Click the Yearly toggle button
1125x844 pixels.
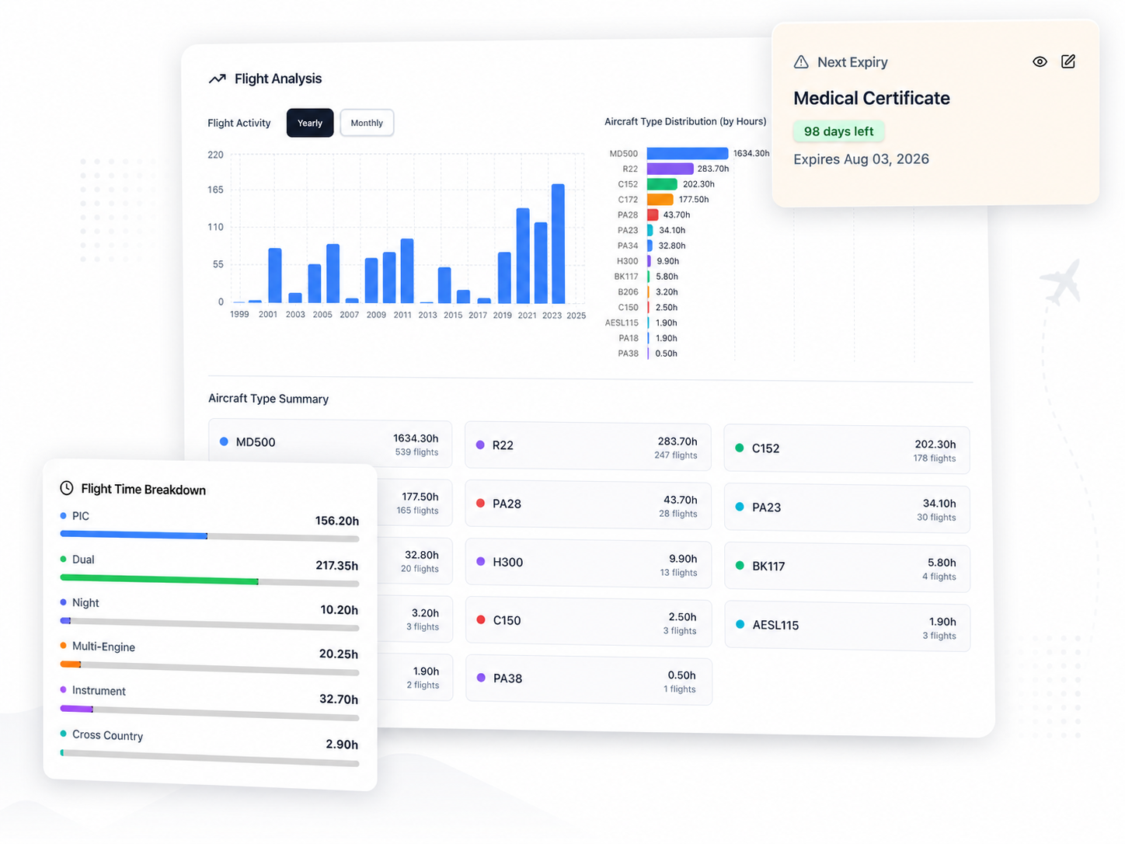click(309, 123)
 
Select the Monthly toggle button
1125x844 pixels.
click(367, 123)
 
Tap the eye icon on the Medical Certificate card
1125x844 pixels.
click(1040, 62)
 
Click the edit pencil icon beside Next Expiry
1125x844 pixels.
click(1068, 61)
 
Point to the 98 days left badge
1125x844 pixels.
click(838, 131)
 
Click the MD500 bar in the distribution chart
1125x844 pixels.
click(687, 154)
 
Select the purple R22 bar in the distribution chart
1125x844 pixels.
click(669, 169)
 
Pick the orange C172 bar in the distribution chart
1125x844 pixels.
click(660, 200)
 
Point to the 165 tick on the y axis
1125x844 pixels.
click(215, 190)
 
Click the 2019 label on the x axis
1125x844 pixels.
click(502, 316)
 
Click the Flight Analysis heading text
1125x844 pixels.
click(277, 78)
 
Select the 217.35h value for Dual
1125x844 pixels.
click(336, 566)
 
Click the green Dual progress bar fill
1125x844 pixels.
click(159, 579)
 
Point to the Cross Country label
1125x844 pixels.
click(107, 735)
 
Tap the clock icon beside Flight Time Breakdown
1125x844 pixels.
click(67, 488)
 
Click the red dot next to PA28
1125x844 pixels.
click(480, 504)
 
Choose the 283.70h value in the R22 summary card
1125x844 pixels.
click(677, 441)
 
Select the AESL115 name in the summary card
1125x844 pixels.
click(775, 625)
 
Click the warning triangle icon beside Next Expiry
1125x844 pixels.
click(801, 62)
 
